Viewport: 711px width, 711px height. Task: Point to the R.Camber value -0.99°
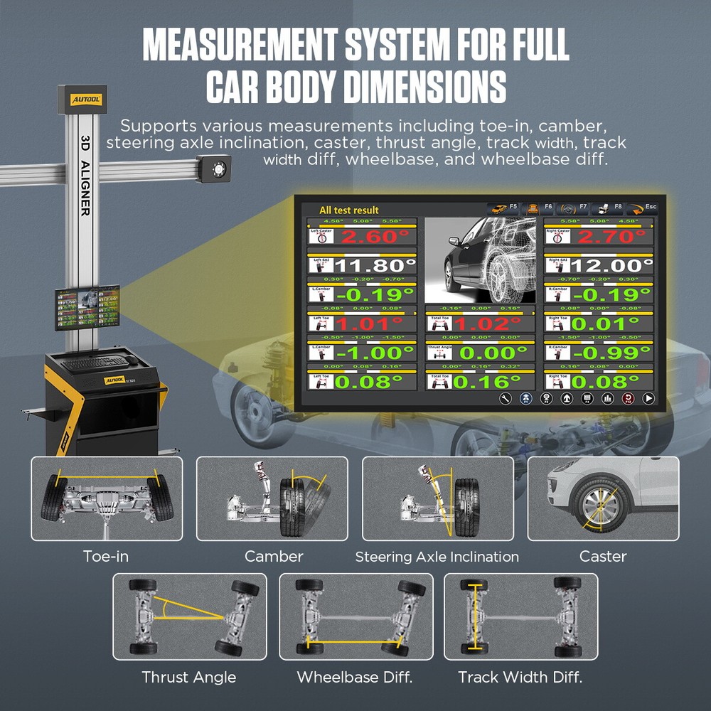[611, 353]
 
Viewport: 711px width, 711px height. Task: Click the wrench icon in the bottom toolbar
[506, 399]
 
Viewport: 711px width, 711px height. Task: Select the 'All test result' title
[348, 210]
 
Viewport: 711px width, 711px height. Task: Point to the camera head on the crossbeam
[213, 169]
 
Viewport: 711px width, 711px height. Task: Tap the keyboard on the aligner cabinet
[96, 363]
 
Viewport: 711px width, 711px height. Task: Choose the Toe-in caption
[106, 556]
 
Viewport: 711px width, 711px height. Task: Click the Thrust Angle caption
[188, 677]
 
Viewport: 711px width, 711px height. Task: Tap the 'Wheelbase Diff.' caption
[355, 677]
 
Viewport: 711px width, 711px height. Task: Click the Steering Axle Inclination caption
[437, 557]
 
